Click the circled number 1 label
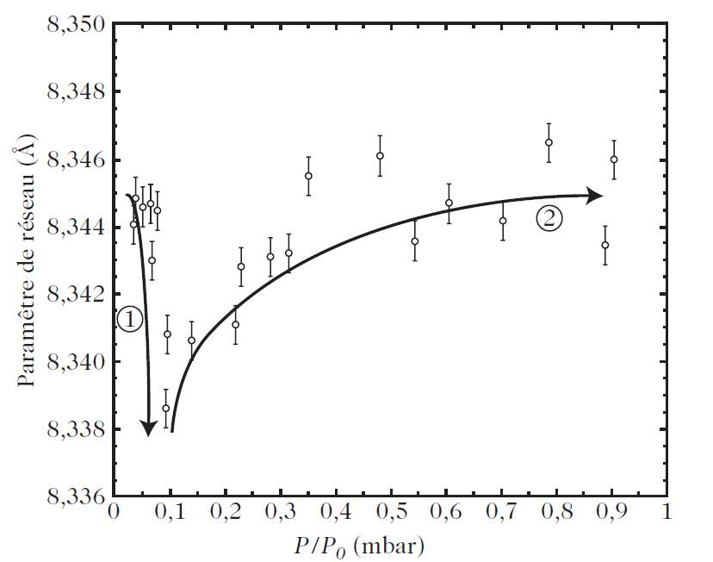click(x=128, y=320)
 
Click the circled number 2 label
click(x=549, y=219)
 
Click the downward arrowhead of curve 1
click(x=148, y=428)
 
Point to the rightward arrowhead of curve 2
click(x=594, y=196)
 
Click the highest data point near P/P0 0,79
click(x=549, y=142)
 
